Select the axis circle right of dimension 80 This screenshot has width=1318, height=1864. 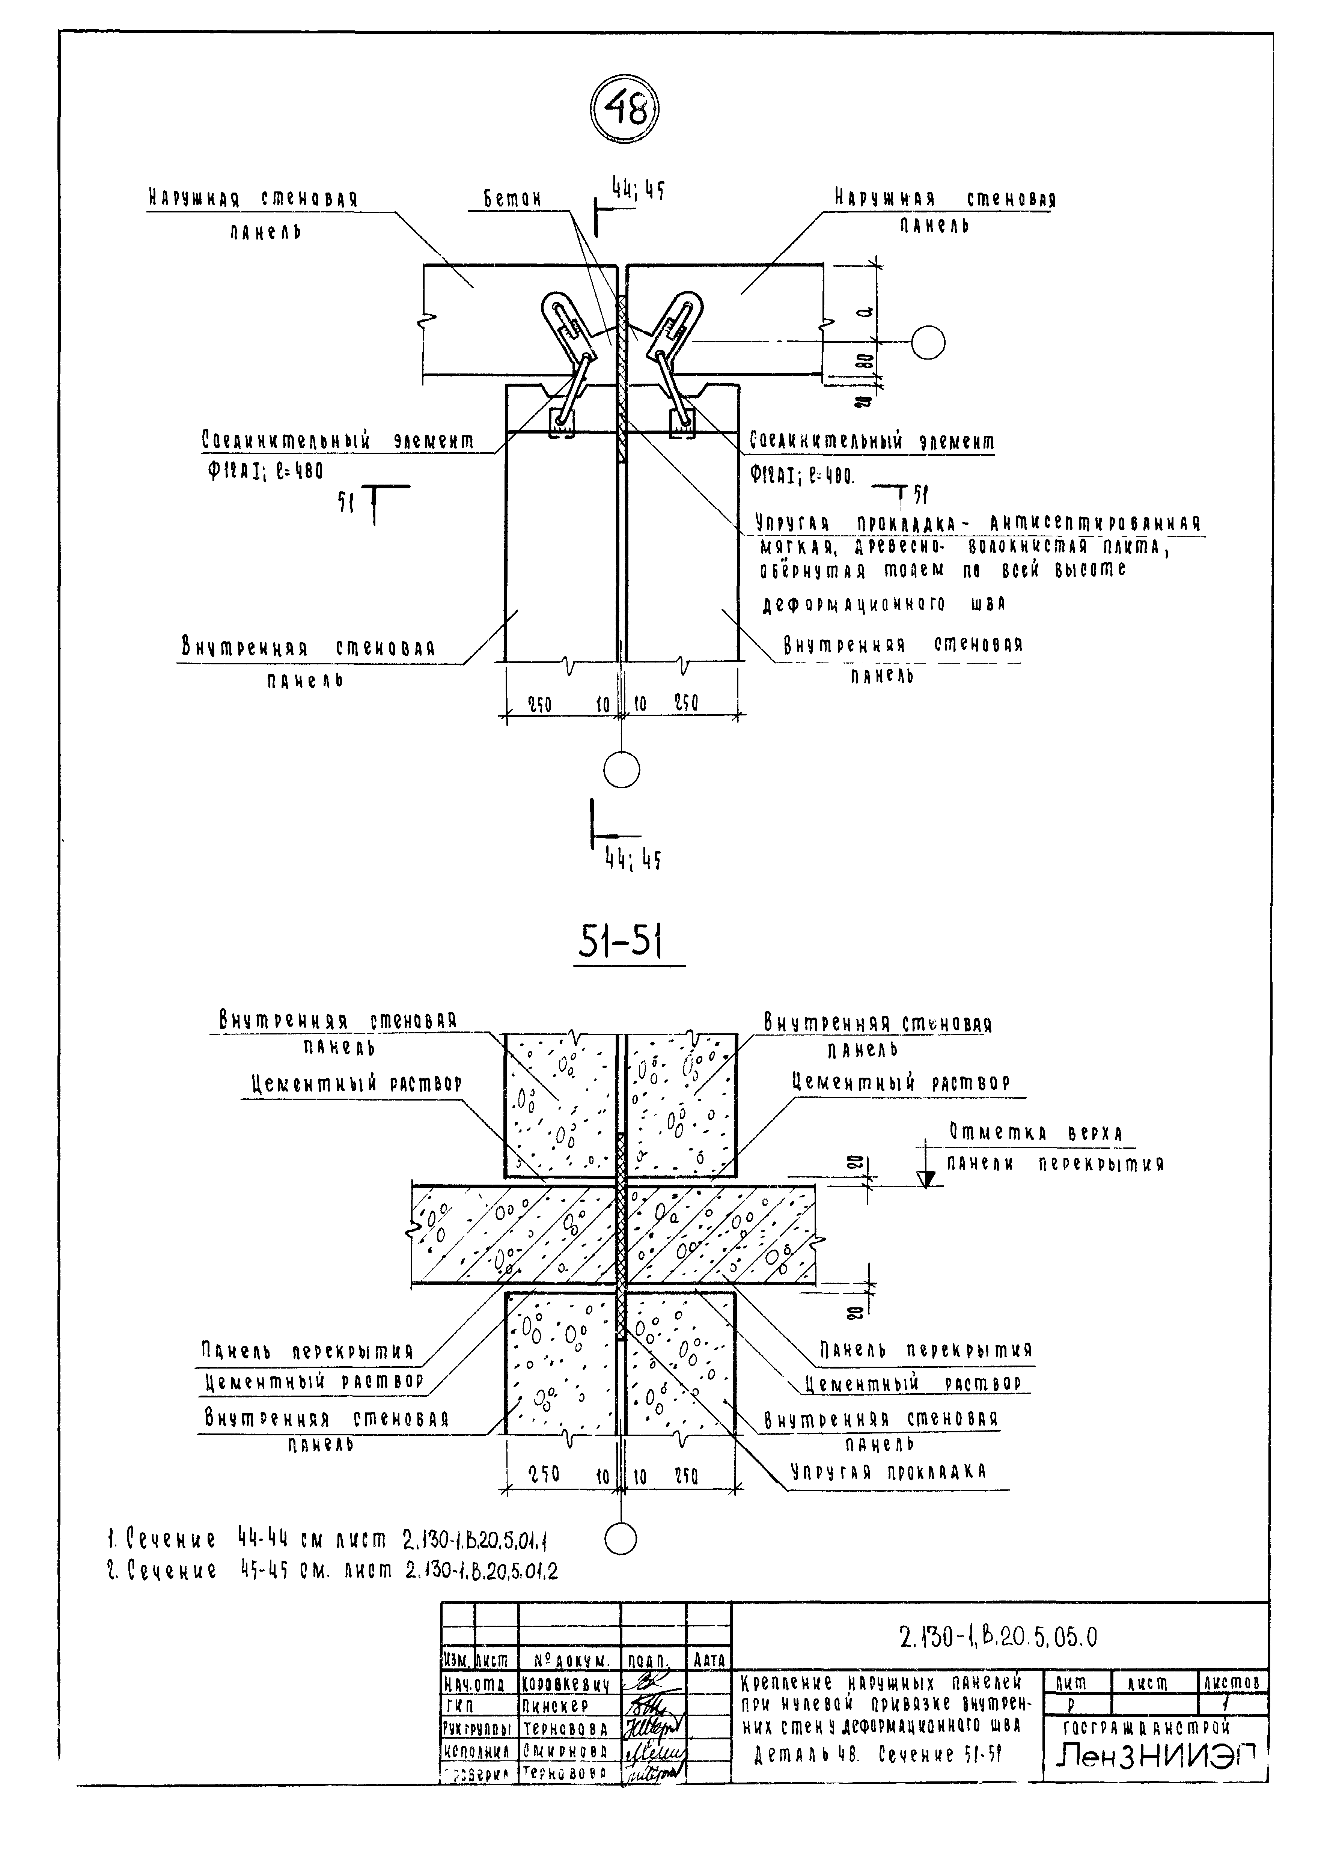[x=928, y=343]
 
